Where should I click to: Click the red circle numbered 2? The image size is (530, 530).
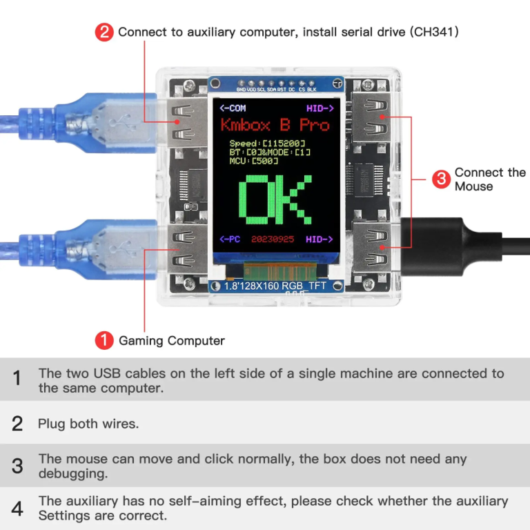click(x=104, y=32)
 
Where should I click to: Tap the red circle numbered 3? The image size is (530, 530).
click(x=441, y=179)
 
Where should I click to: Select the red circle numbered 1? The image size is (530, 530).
click(x=104, y=340)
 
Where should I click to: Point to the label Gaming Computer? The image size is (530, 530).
click(x=172, y=340)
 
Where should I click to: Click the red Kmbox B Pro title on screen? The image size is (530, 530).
click(x=275, y=125)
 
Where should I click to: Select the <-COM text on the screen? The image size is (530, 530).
click(x=233, y=108)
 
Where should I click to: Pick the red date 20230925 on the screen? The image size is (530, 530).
click(x=273, y=239)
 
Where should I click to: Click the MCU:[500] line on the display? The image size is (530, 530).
click(x=254, y=161)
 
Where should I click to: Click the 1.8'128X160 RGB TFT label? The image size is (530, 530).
click(x=275, y=285)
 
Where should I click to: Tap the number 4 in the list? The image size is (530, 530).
click(x=17, y=509)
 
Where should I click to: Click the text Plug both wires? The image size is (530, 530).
click(x=88, y=424)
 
